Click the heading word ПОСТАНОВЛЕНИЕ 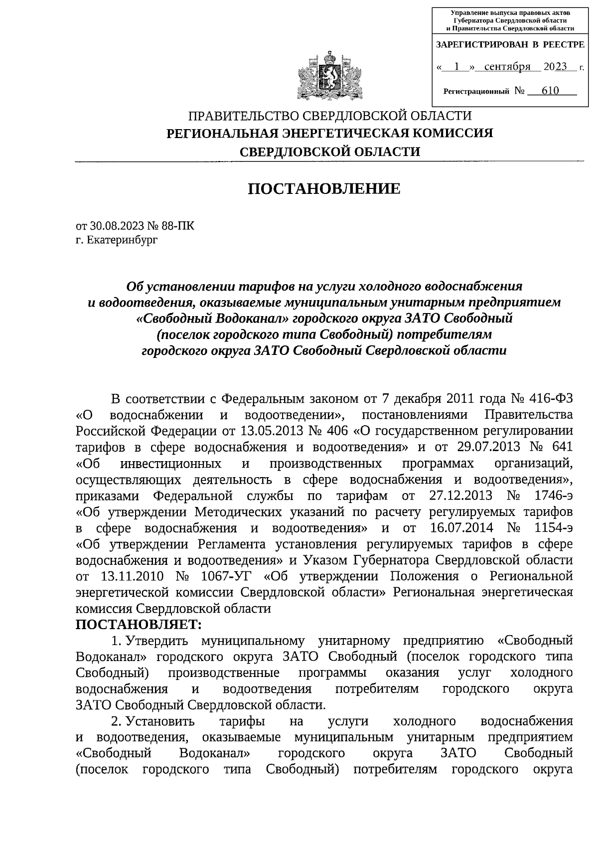(324, 188)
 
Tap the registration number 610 (548, 91)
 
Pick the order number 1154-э (551, 528)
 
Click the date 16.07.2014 (461, 528)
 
